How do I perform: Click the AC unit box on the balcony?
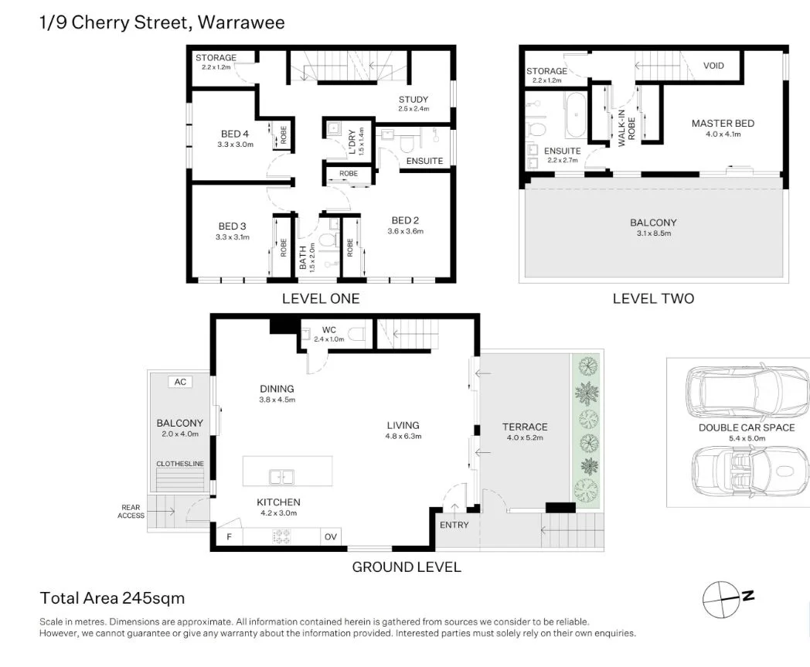[x=180, y=382]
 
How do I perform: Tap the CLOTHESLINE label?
[x=179, y=464]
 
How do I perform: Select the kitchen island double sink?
[x=281, y=476]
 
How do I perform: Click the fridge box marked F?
[x=229, y=536]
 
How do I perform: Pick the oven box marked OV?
[x=330, y=536]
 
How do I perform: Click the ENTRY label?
[x=454, y=525]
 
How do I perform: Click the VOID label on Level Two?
[x=713, y=66]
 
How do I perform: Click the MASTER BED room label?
[x=723, y=124]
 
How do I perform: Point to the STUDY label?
[x=413, y=99]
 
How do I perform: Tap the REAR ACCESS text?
[x=131, y=512]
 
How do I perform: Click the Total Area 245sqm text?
[x=112, y=598]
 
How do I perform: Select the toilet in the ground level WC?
[x=356, y=335]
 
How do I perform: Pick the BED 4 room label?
[x=235, y=134]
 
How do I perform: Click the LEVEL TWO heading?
[x=653, y=298]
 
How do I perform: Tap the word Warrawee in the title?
[x=241, y=22]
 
